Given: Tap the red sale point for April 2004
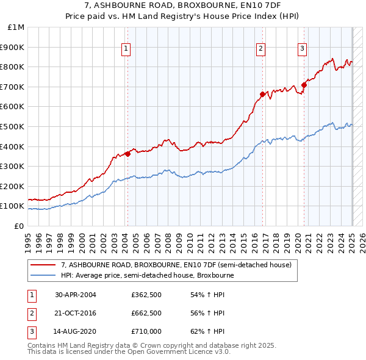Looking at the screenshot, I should click(x=127, y=153).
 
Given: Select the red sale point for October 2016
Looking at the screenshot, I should click(x=262, y=94).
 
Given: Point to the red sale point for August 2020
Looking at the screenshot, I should click(x=304, y=85).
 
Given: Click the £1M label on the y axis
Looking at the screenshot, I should click(x=16, y=27).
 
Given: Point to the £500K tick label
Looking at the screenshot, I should click(x=14, y=126).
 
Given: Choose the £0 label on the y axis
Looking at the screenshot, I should click(x=19, y=226).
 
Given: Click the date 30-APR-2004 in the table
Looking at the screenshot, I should click(x=76, y=295).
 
